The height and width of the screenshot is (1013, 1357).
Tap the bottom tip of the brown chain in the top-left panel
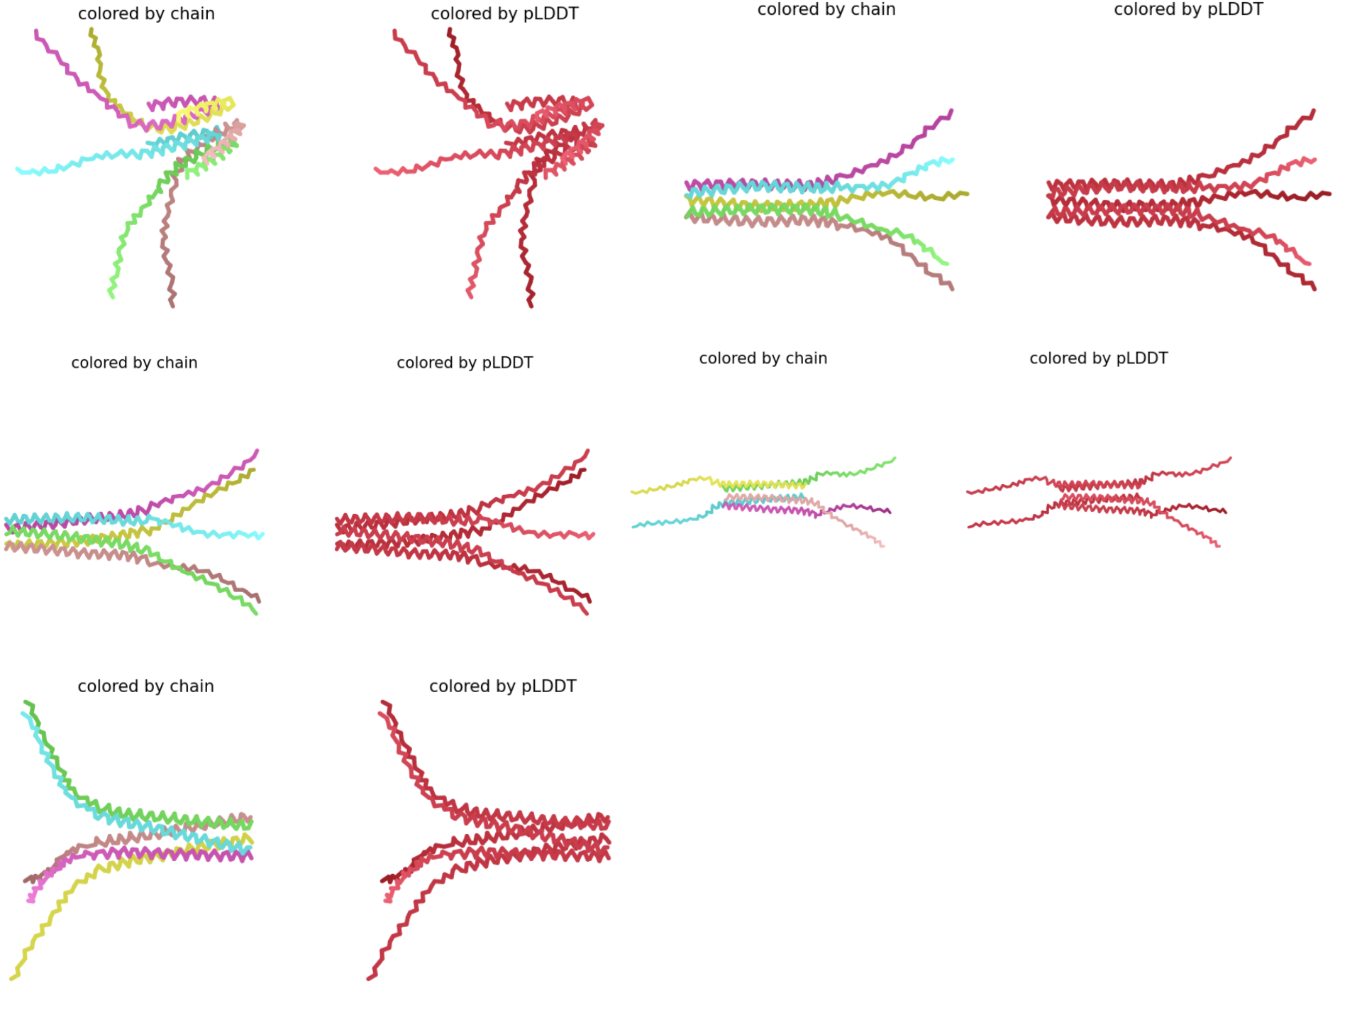click(172, 305)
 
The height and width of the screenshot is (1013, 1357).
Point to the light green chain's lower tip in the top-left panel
click(111, 295)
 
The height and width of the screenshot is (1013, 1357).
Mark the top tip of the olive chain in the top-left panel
click(91, 30)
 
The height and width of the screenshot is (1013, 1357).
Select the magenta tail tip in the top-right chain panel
click(951, 111)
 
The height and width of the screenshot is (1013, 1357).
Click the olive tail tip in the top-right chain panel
click(966, 193)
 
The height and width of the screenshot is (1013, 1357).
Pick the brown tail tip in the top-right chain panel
click(952, 288)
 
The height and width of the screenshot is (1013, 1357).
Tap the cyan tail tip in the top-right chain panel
click(951, 160)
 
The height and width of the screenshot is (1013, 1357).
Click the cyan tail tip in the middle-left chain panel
click(262, 535)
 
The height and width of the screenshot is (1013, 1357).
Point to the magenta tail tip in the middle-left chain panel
click(257, 451)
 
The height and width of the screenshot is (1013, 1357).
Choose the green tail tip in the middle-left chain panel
click(255, 612)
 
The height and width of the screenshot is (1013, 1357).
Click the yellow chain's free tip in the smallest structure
click(633, 492)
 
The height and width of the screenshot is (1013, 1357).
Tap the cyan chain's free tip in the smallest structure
click(633, 527)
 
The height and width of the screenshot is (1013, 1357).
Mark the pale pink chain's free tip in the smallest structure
click(882, 545)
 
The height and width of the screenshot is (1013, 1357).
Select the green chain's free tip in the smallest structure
click(894, 459)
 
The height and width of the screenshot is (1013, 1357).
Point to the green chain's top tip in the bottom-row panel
click(26, 702)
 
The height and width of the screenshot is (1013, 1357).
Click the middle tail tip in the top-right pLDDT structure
click(1328, 193)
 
